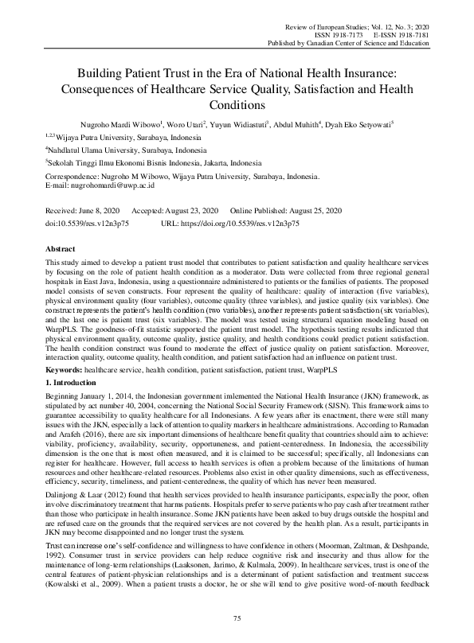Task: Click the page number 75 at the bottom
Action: point(237,618)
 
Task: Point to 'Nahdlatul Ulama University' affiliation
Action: point(102,149)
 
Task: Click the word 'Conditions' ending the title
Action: point(237,104)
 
